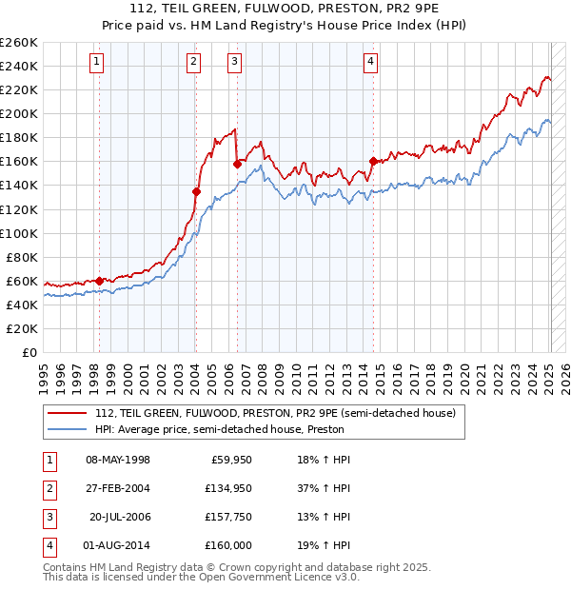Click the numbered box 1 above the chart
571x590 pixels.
coord(97,63)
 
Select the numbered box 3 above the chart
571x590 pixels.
coord(234,63)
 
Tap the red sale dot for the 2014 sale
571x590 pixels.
coord(373,161)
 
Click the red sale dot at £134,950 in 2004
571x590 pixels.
coord(197,191)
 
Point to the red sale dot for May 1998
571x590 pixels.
coord(99,281)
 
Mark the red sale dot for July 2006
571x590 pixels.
coord(237,164)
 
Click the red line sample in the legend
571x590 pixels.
coord(68,413)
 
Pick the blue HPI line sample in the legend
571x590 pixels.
coord(68,429)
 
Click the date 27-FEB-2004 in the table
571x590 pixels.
coord(117,488)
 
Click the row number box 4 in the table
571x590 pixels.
coord(47,545)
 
